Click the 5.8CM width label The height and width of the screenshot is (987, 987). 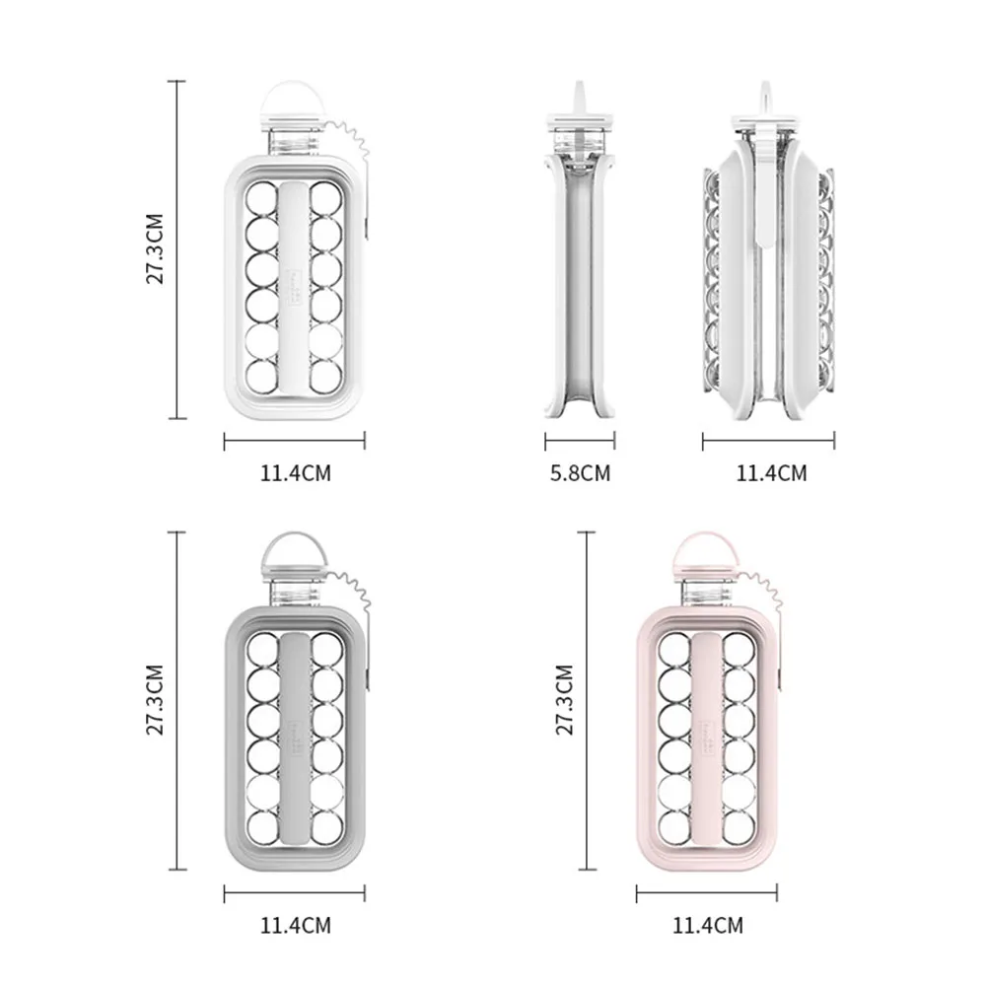click(580, 473)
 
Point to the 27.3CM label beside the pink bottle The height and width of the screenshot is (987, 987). click(564, 701)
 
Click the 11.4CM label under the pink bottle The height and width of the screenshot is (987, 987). click(707, 925)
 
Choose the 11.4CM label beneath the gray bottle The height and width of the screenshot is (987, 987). click(295, 925)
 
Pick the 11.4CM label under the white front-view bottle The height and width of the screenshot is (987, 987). click(295, 473)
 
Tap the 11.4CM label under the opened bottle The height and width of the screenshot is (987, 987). click(771, 473)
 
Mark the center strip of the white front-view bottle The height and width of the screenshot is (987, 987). click(295, 286)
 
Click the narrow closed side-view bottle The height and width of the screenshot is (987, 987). click(579, 266)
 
